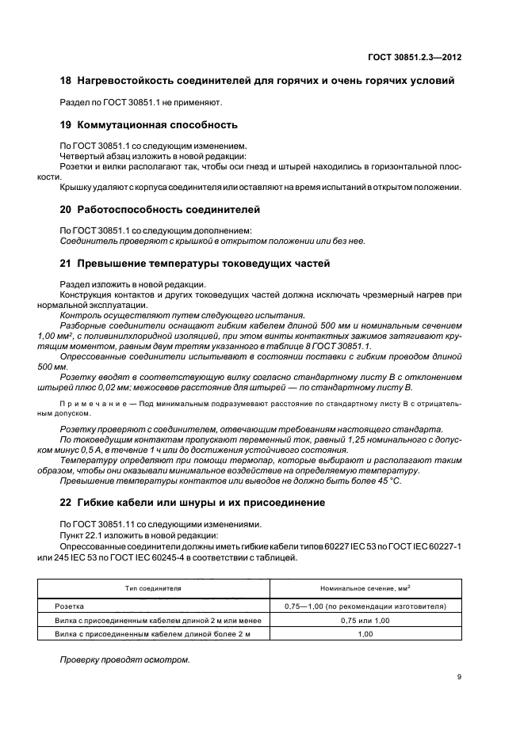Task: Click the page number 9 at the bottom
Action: [x=460, y=676]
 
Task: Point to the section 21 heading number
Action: [x=66, y=264]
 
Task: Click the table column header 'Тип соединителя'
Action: [x=153, y=589]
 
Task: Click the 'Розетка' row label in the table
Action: [x=70, y=606]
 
